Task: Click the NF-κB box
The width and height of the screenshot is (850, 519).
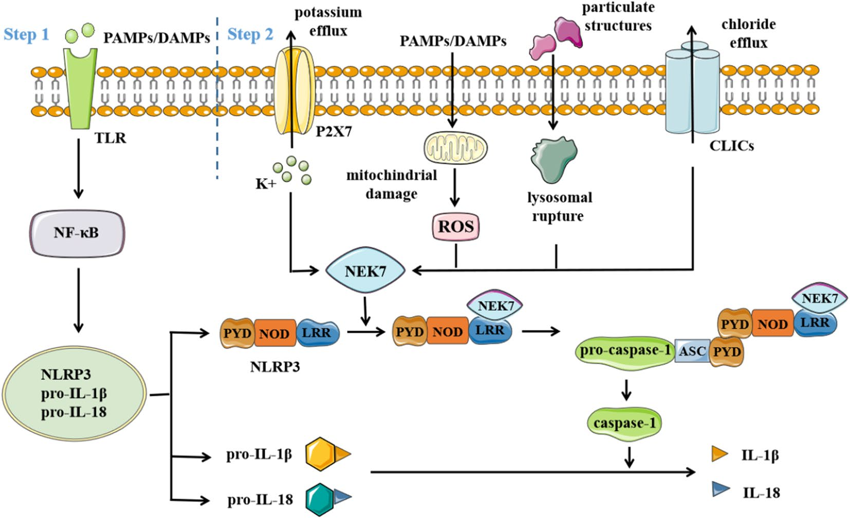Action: click(x=77, y=233)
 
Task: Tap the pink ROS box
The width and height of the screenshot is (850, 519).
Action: click(x=455, y=226)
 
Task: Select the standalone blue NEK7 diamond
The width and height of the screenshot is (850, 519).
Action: click(x=365, y=271)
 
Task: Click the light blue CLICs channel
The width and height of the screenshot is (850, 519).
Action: click(x=692, y=90)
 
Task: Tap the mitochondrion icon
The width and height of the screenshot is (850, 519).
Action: click(x=455, y=147)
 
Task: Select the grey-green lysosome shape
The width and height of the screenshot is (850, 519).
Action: click(x=553, y=159)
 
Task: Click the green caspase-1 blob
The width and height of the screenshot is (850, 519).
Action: click(x=624, y=423)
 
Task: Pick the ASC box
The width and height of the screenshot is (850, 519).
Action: click(x=692, y=351)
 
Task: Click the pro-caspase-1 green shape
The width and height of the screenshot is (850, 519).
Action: click(x=625, y=351)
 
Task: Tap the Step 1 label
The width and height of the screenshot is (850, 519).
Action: click(x=26, y=34)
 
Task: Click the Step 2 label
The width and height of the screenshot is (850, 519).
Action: click(x=250, y=34)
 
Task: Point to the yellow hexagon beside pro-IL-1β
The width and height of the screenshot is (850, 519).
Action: click(x=321, y=454)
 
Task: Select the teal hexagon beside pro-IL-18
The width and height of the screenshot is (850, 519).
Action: click(x=320, y=498)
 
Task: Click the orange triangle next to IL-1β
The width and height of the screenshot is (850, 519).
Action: click(x=719, y=453)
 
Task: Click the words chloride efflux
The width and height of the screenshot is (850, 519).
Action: click(x=748, y=33)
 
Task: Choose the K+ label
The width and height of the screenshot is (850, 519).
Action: click(x=266, y=184)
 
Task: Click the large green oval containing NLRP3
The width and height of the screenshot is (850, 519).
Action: click(x=74, y=393)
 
